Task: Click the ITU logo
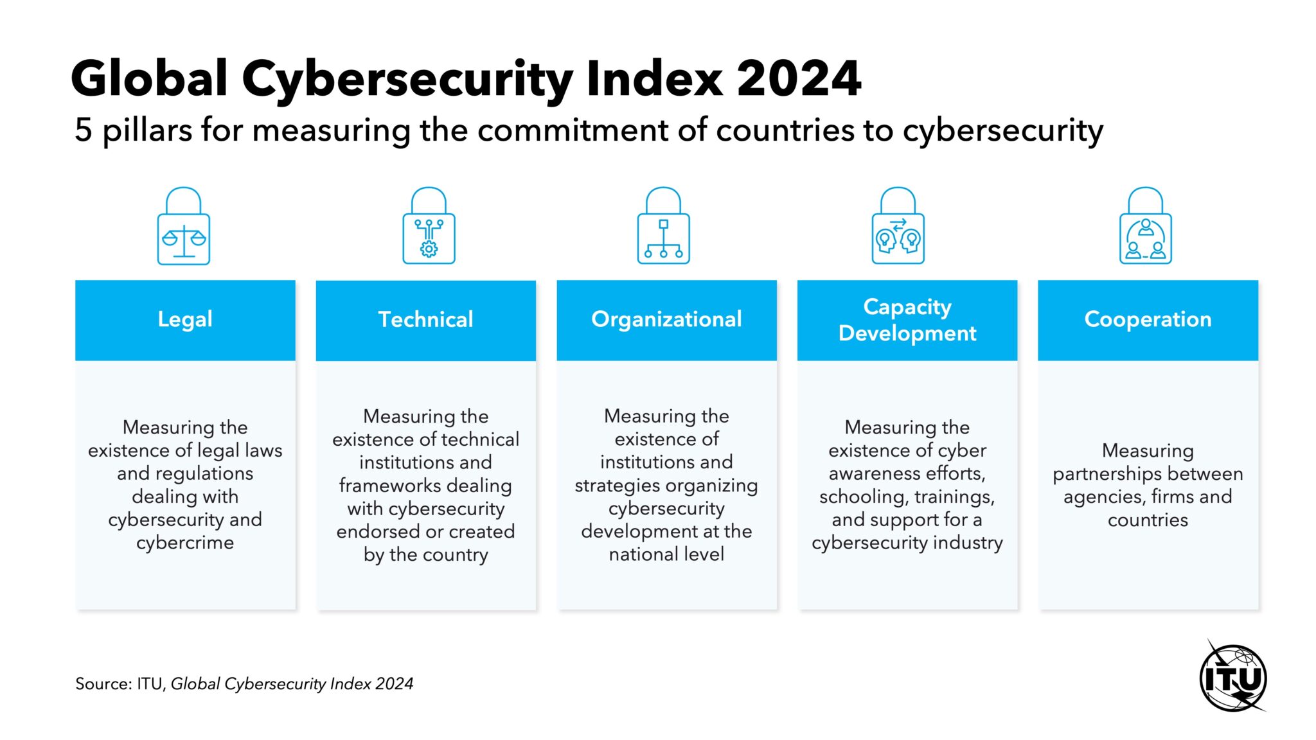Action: (x=1232, y=678)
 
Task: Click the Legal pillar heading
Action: (x=185, y=319)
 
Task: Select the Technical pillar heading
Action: (x=425, y=319)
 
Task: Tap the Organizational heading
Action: (x=666, y=319)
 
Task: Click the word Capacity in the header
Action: (x=907, y=306)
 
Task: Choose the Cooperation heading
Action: (x=1148, y=319)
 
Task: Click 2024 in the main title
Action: (x=798, y=78)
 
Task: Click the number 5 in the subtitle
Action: (x=84, y=130)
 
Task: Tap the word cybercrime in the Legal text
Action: (x=185, y=543)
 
